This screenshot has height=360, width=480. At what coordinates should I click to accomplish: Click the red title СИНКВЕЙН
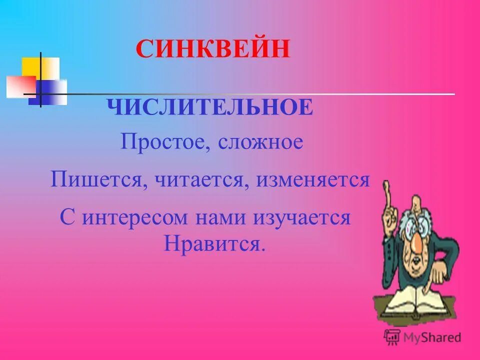[x=213, y=50]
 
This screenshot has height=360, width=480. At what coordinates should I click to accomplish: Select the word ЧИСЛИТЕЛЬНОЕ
[x=210, y=107]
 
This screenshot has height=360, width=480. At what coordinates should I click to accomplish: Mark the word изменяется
[x=313, y=179]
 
